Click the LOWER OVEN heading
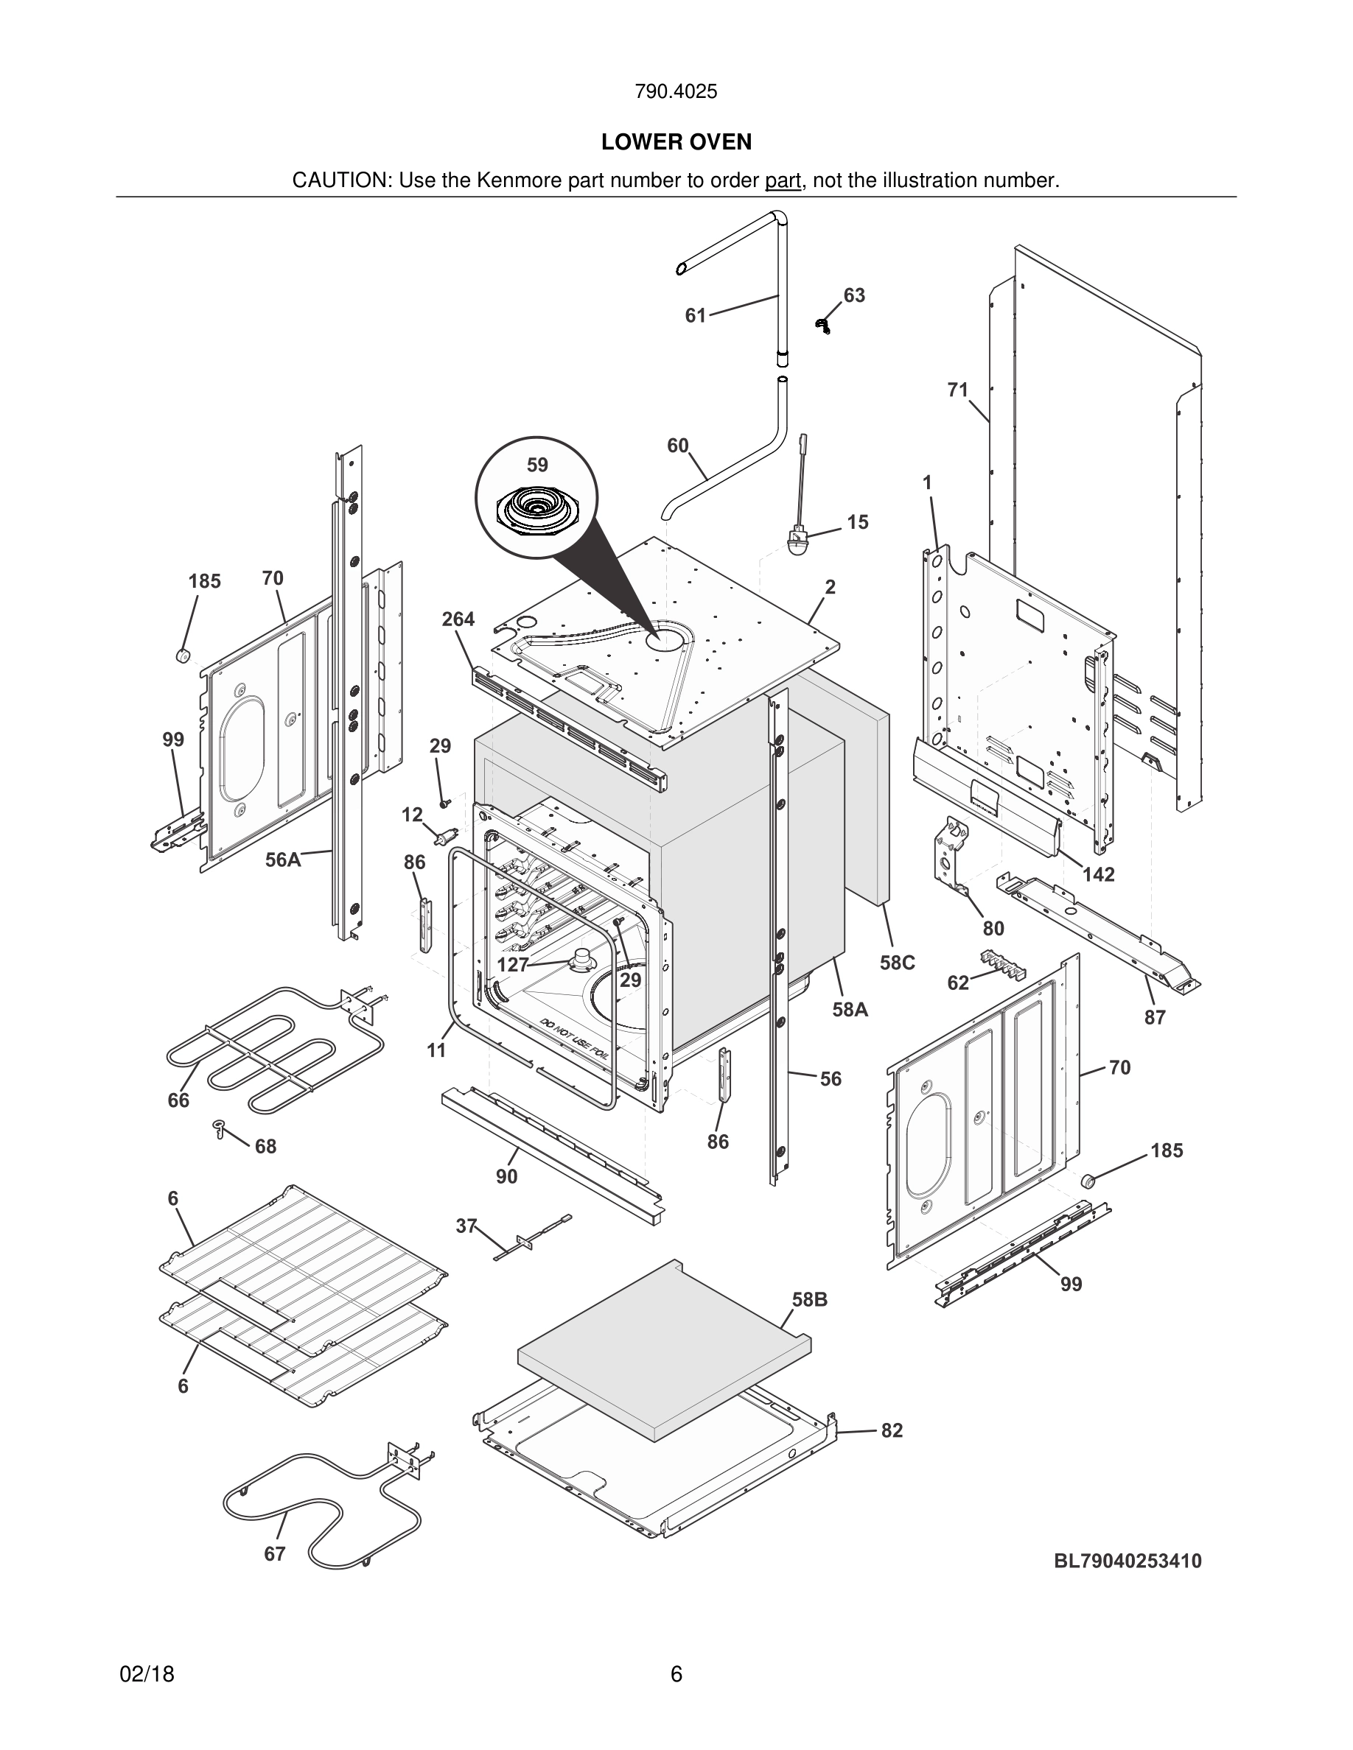click(x=676, y=142)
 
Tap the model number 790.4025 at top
click(x=676, y=91)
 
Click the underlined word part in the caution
click(x=783, y=180)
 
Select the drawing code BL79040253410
click(x=1127, y=1561)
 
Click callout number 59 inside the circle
click(x=537, y=465)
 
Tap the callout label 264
click(x=458, y=619)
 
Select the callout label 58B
click(x=810, y=1300)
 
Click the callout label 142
click(x=1098, y=874)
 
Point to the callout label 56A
click(x=283, y=860)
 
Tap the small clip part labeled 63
click(x=822, y=325)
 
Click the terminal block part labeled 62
click(x=1004, y=964)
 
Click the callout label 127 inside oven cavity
click(x=512, y=965)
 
